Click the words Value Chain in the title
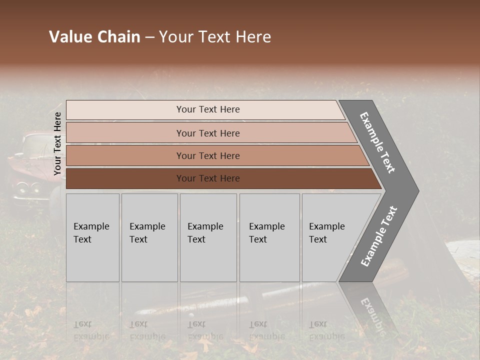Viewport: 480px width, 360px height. click(x=94, y=37)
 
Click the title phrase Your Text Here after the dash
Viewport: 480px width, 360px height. click(x=215, y=37)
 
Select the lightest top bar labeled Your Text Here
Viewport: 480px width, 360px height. click(x=207, y=109)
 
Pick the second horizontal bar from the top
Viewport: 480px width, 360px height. click(x=207, y=133)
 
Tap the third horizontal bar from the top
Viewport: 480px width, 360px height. click(x=207, y=155)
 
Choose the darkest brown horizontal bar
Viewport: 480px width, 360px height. click(x=207, y=178)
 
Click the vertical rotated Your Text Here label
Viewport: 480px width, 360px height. click(x=57, y=144)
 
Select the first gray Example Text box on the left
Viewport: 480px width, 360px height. click(x=92, y=237)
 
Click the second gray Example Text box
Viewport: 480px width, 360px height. click(x=149, y=237)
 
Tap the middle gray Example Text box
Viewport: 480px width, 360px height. click(x=208, y=237)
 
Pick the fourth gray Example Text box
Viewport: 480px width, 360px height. click(x=269, y=237)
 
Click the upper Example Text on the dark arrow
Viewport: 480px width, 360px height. click(x=377, y=142)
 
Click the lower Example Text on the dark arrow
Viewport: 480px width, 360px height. click(x=378, y=236)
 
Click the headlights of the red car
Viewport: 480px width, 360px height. click(x=27, y=188)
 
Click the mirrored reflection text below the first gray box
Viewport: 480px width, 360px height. click(x=91, y=330)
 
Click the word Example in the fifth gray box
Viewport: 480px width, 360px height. click(x=326, y=226)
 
